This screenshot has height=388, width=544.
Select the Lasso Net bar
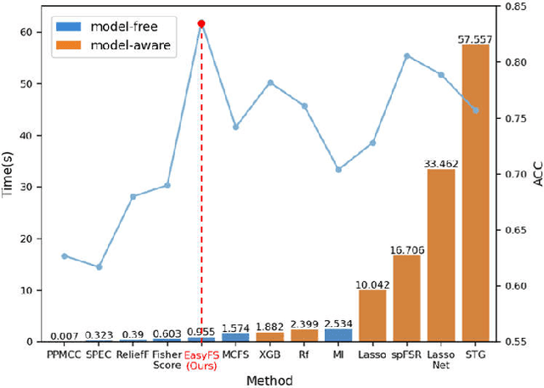point(441,256)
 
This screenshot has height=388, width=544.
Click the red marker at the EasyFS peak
point(201,24)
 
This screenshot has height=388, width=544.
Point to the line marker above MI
point(338,170)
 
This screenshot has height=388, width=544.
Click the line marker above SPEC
point(99,267)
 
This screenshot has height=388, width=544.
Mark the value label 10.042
point(372,284)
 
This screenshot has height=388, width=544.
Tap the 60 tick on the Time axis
point(30,32)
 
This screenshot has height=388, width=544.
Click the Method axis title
point(269,380)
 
